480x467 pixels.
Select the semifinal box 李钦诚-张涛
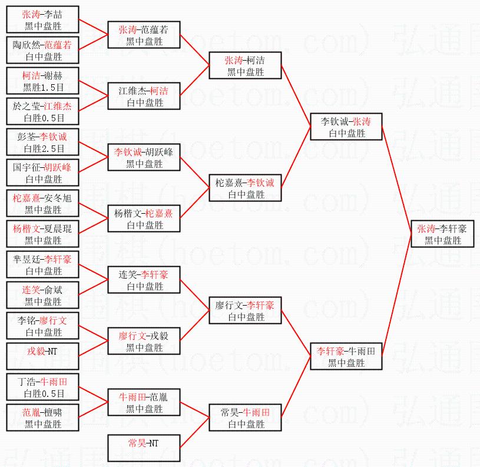tap(346, 127)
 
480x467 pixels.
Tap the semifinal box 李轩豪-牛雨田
tap(346, 357)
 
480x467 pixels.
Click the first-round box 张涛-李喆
tap(42, 20)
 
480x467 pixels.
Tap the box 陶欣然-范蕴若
tap(42, 51)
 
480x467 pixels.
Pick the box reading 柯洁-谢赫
tap(42, 81)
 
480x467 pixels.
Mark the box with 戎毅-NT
tap(42, 350)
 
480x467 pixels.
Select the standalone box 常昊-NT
tap(144, 449)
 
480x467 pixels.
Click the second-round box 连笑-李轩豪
tap(144, 280)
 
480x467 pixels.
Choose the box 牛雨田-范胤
tap(144, 403)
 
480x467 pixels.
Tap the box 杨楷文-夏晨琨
tap(42, 234)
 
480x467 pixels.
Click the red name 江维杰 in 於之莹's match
tap(58, 106)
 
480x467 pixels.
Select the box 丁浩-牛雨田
tap(42, 387)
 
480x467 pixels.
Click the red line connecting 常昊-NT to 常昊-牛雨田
tap(194, 433)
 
